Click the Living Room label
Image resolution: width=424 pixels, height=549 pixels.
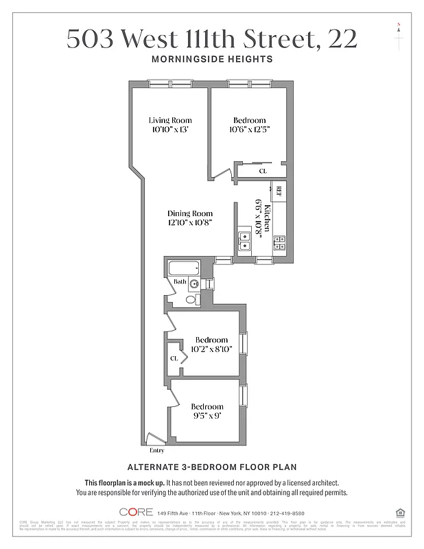[170, 121]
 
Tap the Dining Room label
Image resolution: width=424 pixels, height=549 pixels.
[190, 213]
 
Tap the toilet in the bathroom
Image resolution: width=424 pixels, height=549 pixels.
[191, 299]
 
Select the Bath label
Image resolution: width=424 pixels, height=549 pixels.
[179, 282]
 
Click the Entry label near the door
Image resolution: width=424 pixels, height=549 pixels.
[157, 450]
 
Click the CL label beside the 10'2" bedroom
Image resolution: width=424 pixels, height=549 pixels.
[174, 358]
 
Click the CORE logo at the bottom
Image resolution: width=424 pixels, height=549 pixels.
[136, 513]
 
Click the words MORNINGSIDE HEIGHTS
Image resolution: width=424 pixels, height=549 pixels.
[211, 59]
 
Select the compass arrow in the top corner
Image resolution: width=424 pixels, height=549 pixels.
[398, 34]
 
